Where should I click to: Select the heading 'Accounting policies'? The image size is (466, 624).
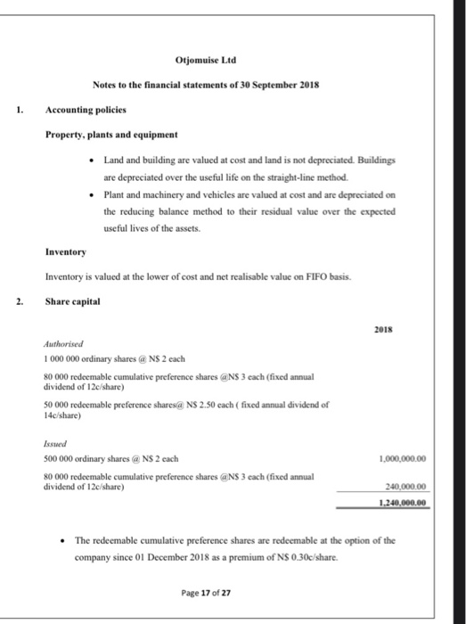tap(86, 111)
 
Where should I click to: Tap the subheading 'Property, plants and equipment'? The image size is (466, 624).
tap(112, 134)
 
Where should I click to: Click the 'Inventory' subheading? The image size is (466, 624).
tap(66, 251)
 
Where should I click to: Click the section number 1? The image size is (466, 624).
tap(18, 111)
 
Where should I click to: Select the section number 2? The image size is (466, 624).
tap(18, 300)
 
